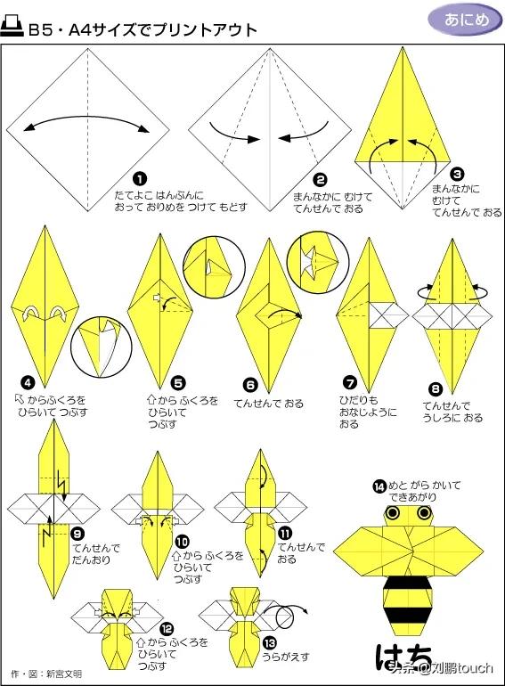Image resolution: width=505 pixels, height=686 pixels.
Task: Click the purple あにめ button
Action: pyautogui.click(x=465, y=20)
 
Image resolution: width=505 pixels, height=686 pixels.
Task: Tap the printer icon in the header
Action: pyautogui.click(x=12, y=27)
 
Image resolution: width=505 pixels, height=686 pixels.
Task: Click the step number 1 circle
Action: pyautogui.click(x=140, y=179)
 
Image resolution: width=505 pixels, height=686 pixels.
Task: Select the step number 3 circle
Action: pyautogui.click(x=457, y=175)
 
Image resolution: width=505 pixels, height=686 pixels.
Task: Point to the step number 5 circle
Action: pyautogui.click(x=178, y=383)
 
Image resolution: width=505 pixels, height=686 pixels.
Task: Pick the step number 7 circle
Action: pyautogui.click(x=350, y=383)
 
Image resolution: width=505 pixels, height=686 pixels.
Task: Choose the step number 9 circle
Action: pyautogui.click(x=77, y=534)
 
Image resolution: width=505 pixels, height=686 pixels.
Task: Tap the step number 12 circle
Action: pyautogui.click(x=167, y=629)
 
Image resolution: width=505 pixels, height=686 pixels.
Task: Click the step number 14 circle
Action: pyautogui.click(x=380, y=486)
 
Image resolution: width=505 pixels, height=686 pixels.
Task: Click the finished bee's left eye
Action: pyautogui.click(x=394, y=513)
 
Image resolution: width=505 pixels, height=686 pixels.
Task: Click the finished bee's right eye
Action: pyautogui.click(x=424, y=513)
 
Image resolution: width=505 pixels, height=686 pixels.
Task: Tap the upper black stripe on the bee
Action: pyautogui.click(x=407, y=583)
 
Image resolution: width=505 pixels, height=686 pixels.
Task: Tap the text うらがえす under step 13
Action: pyautogui.click(x=286, y=657)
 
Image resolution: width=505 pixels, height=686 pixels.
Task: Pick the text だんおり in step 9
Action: pyautogui.click(x=92, y=559)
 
